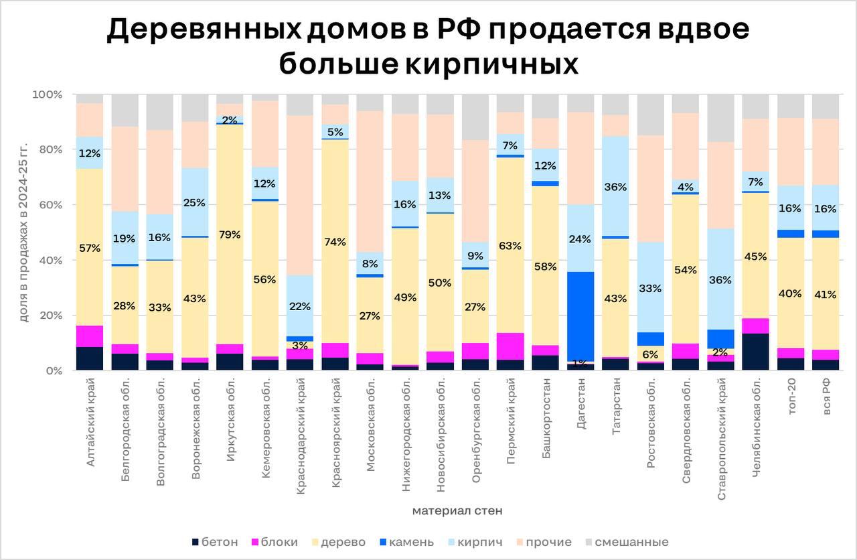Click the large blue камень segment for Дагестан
coord(580,316)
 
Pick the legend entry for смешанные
coord(626,542)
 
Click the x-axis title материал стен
coord(457,511)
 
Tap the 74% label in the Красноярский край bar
coord(335,242)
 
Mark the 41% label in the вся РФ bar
coord(825,294)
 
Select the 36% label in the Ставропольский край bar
coord(720,280)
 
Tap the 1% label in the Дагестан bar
coord(580,362)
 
